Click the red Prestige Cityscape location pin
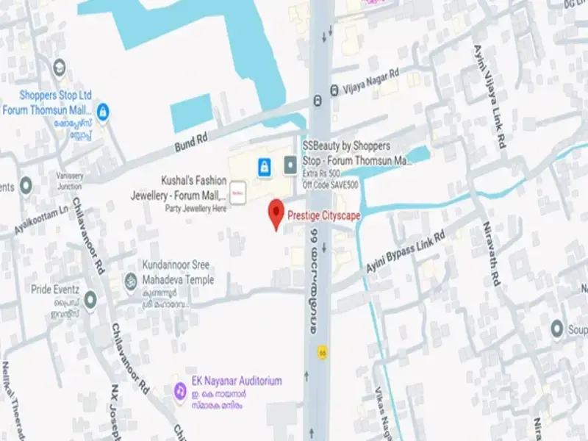pos(276,212)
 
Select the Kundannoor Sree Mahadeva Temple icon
pos(131,280)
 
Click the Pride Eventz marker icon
pos(90,299)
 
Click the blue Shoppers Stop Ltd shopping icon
pos(103,111)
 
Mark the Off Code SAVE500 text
pos(331,184)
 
